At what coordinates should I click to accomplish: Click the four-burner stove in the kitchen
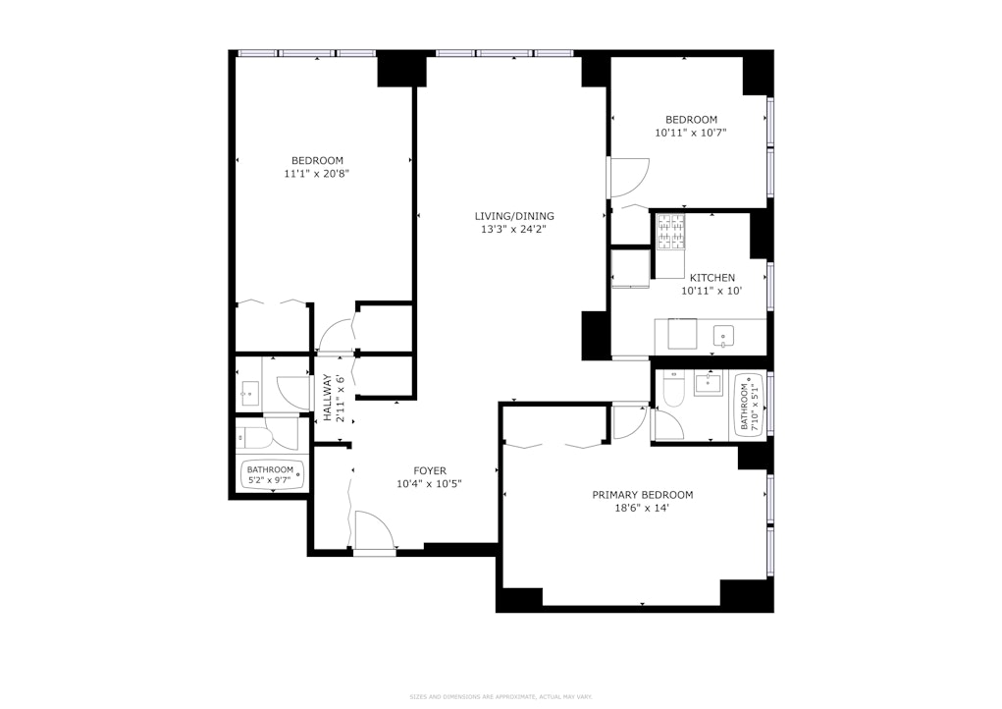(670, 232)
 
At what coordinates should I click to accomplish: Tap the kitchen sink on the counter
(723, 336)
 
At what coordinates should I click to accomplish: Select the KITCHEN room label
(712, 278)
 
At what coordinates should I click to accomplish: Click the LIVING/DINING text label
(514, 216)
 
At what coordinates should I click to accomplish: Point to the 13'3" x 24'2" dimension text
(514, 230)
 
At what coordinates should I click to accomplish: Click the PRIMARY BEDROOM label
(642, 495)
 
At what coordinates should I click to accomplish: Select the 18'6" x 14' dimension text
(642, 509)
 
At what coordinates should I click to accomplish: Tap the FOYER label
(429, 470)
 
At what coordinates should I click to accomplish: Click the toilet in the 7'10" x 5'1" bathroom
(673, 393)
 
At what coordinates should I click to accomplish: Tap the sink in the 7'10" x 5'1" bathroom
(709, 384)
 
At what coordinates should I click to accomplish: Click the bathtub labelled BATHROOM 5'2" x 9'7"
(271, 475)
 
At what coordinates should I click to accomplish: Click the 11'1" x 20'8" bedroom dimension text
(317, 174)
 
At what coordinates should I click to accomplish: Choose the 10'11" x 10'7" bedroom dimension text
(691, 133)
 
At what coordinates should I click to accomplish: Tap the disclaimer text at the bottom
(501, 697)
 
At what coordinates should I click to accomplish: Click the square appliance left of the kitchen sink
(682, 335)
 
